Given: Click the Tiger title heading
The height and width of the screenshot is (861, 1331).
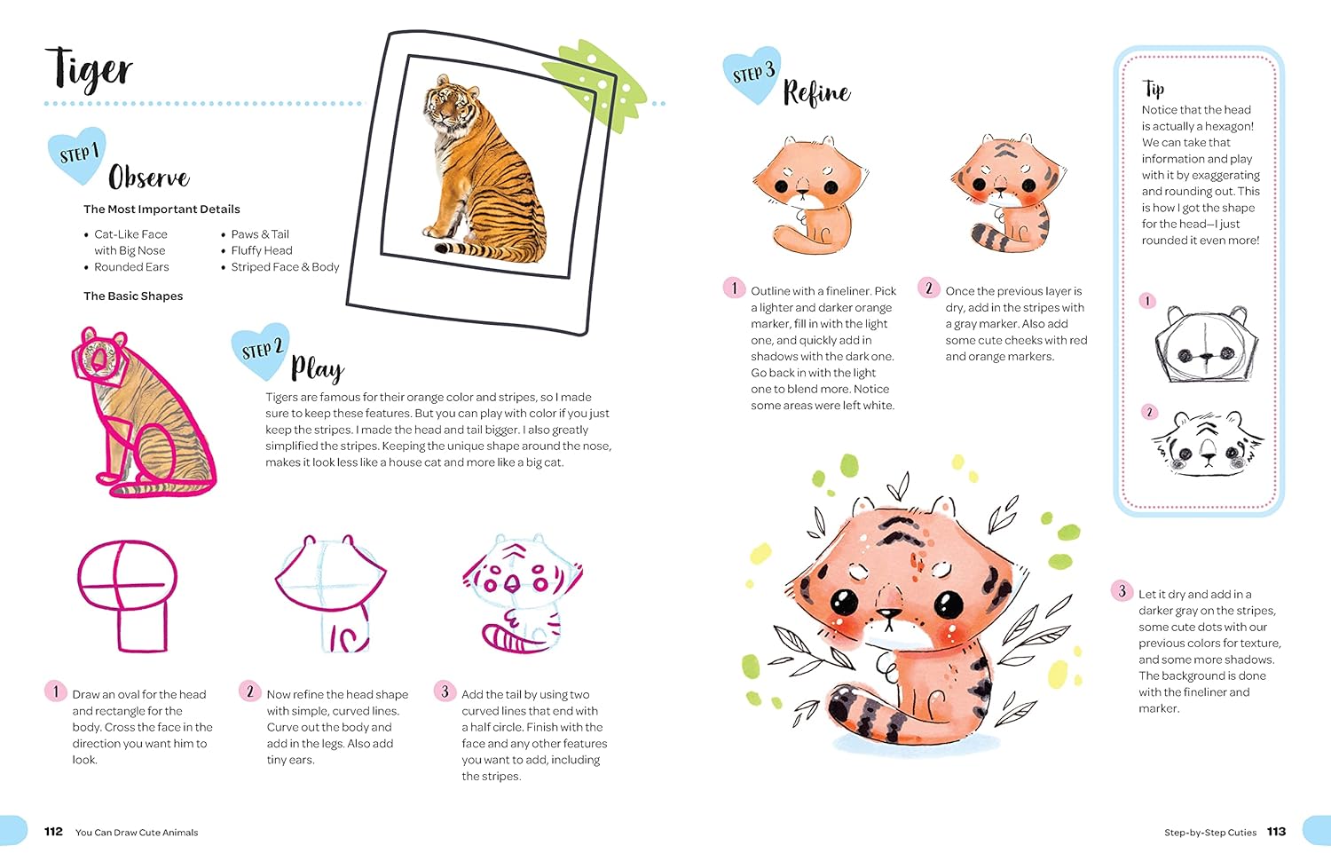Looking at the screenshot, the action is pyautogui.click(x=89, y=70).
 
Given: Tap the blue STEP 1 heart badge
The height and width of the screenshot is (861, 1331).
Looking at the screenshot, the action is pyautogui.click(x=77, y=154).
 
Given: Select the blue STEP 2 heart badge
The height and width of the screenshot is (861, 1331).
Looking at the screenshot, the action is pyautogui.click(x=260, y=351).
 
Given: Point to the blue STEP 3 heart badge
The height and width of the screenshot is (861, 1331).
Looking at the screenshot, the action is pyautogui.click(x=752, y=75).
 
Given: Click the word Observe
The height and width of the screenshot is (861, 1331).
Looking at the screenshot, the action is pyautogui.click(x=148, y=177).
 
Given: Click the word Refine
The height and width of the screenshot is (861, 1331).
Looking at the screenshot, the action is pyautogui.click(x=817, y=92).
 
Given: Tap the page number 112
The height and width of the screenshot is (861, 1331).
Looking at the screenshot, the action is pyautogui.click(x=53, y=832).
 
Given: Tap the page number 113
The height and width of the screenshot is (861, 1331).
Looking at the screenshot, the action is pyautogui.click(x=1276, y=832).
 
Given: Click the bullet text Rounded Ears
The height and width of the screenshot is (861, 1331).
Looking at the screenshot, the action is pyautogui.click(x=131, y=267).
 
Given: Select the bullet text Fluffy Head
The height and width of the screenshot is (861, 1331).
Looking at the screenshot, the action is pyautogui.click(x=262, y=250).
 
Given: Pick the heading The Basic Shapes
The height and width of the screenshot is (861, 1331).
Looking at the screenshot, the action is pyautogui.click(x=133, y=296).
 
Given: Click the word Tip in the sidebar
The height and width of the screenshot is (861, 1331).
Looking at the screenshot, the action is pyautogui.click(x=1153, y=89).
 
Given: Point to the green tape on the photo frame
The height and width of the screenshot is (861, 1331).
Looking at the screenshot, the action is pyautogui.click(x=595, y=83).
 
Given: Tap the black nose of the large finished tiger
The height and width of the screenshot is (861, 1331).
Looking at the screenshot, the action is pyautogui.click(x=889, y=613).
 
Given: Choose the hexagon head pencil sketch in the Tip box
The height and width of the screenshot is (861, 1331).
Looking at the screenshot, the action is pyautogui.click(x=1206, y=344).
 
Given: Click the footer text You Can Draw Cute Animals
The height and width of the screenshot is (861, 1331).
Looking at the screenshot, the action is pyautogui.click(x=137, y=832).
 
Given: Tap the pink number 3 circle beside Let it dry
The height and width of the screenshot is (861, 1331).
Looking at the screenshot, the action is pyautogui.click(x=1122, y=590).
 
